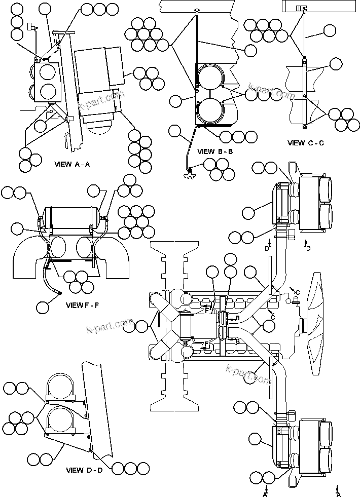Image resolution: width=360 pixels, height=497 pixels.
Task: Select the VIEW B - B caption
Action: point(215,151)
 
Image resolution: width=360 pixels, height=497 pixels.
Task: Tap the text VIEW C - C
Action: point(305,143)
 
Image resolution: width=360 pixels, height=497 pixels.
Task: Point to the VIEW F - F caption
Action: point(85,305)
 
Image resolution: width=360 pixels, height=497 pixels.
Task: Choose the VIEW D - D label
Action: point(84,470)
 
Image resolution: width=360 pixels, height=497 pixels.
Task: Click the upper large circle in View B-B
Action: point(210,80)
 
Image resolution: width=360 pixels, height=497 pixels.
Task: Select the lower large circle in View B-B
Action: point(210,111)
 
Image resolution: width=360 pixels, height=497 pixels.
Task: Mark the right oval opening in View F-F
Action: point(87,249)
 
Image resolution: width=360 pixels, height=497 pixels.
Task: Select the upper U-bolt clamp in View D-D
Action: point(60,390)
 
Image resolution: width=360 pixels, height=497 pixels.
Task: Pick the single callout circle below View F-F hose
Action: point(43,307)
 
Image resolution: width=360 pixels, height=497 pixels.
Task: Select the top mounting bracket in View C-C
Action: point(303,8)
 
